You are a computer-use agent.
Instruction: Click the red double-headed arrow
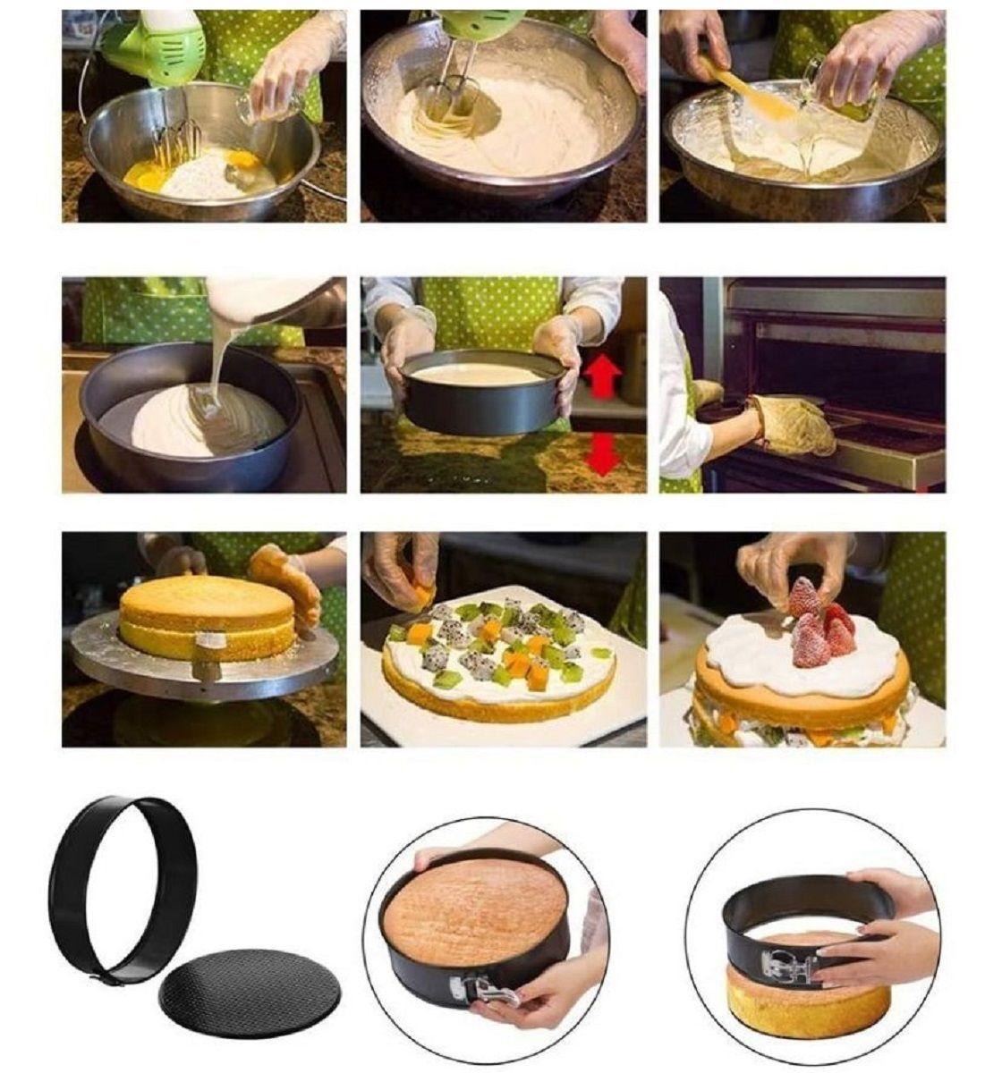[603, 457]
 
